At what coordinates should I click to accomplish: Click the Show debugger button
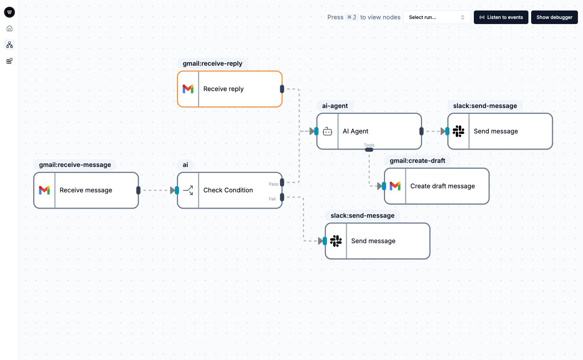(554, 17)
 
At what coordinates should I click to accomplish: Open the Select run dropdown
(437, 17)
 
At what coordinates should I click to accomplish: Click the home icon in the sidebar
(9, 28)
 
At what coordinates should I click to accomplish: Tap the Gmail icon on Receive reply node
(188, 89)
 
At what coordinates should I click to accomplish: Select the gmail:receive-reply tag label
(213, 64)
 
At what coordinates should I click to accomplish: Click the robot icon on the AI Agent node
(327, 131)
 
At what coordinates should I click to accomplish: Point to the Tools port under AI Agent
(369, 150)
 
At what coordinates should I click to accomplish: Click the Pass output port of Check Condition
(282, 182)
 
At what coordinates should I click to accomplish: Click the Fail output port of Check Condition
(282, 197)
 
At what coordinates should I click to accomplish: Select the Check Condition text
(228, 190)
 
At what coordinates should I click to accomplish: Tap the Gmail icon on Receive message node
(44, 190)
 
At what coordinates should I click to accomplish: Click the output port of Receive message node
(138, 190)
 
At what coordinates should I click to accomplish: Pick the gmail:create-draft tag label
(417, 161)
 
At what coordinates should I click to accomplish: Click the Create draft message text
(442, 186)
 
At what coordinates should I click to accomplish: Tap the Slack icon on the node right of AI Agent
(458, 131)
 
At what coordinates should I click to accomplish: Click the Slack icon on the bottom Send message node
(336, 241)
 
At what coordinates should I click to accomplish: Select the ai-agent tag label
(335, 106)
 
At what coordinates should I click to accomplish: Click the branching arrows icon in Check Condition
(188, 190)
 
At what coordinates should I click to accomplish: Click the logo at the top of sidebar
(9, 12)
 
